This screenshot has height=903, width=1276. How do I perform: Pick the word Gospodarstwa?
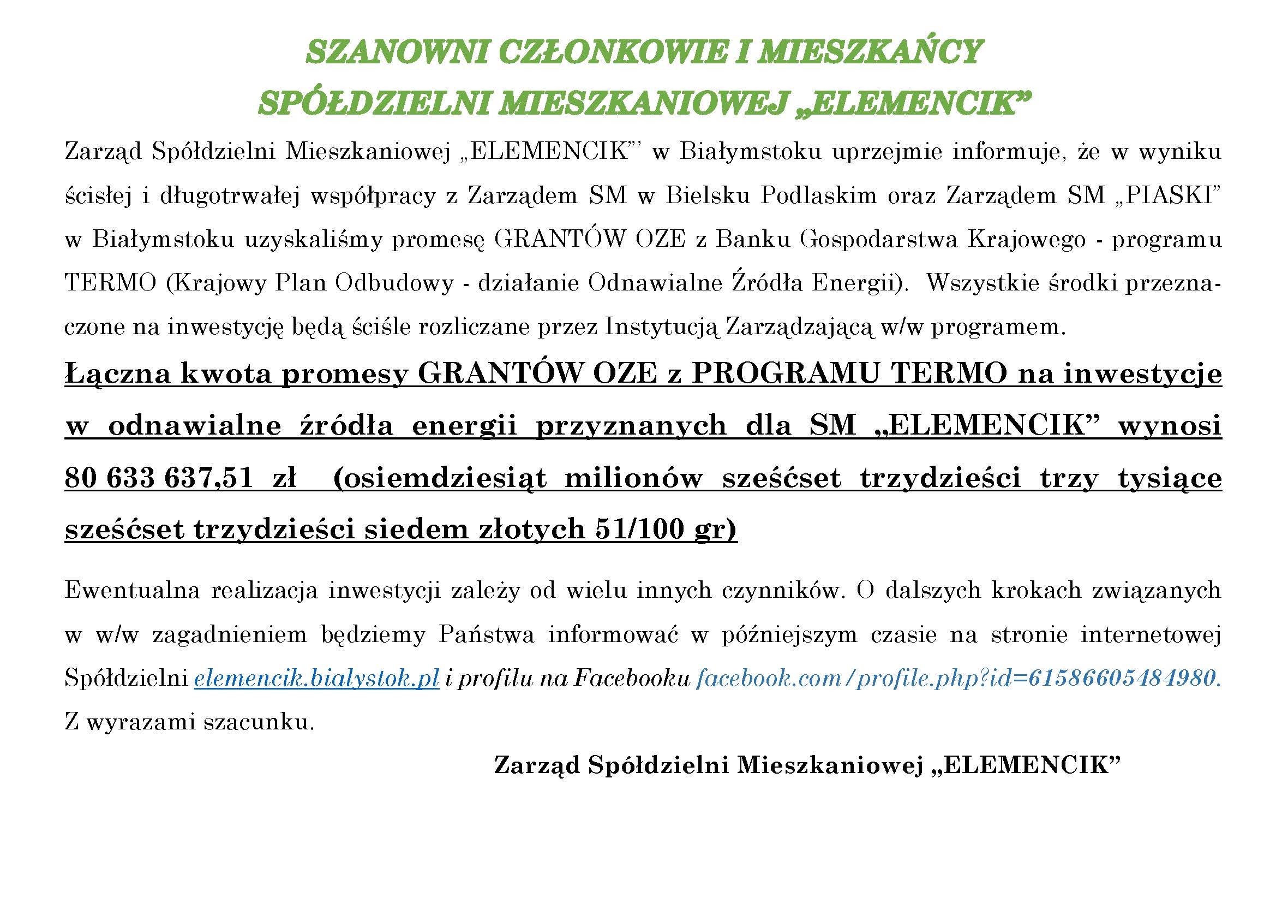pos(879,239)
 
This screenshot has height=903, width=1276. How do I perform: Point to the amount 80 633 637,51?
pos(159,478)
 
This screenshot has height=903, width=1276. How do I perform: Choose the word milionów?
pos(633,478)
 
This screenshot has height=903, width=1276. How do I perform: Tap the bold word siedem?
pos(416,529)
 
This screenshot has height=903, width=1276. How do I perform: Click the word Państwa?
pos(486,634)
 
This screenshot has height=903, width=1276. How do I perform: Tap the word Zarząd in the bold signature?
pos(536,765)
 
